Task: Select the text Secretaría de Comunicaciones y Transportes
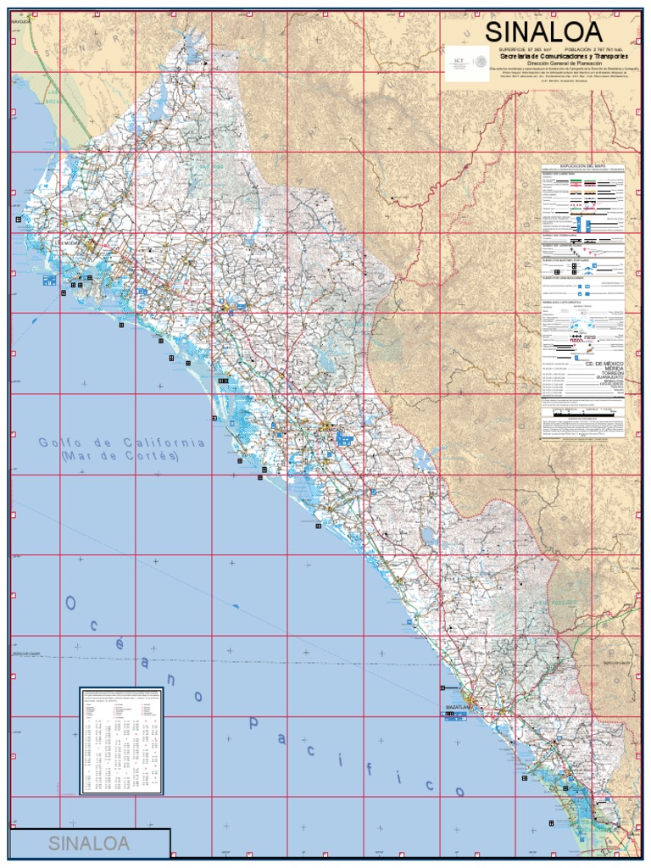click(556, 56)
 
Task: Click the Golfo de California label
click(121, 442)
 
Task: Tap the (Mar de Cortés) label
click(121, 455)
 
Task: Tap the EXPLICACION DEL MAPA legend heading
click(582, 165)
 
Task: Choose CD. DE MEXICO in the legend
click(604, 362)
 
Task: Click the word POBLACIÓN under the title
click(583, 50)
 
